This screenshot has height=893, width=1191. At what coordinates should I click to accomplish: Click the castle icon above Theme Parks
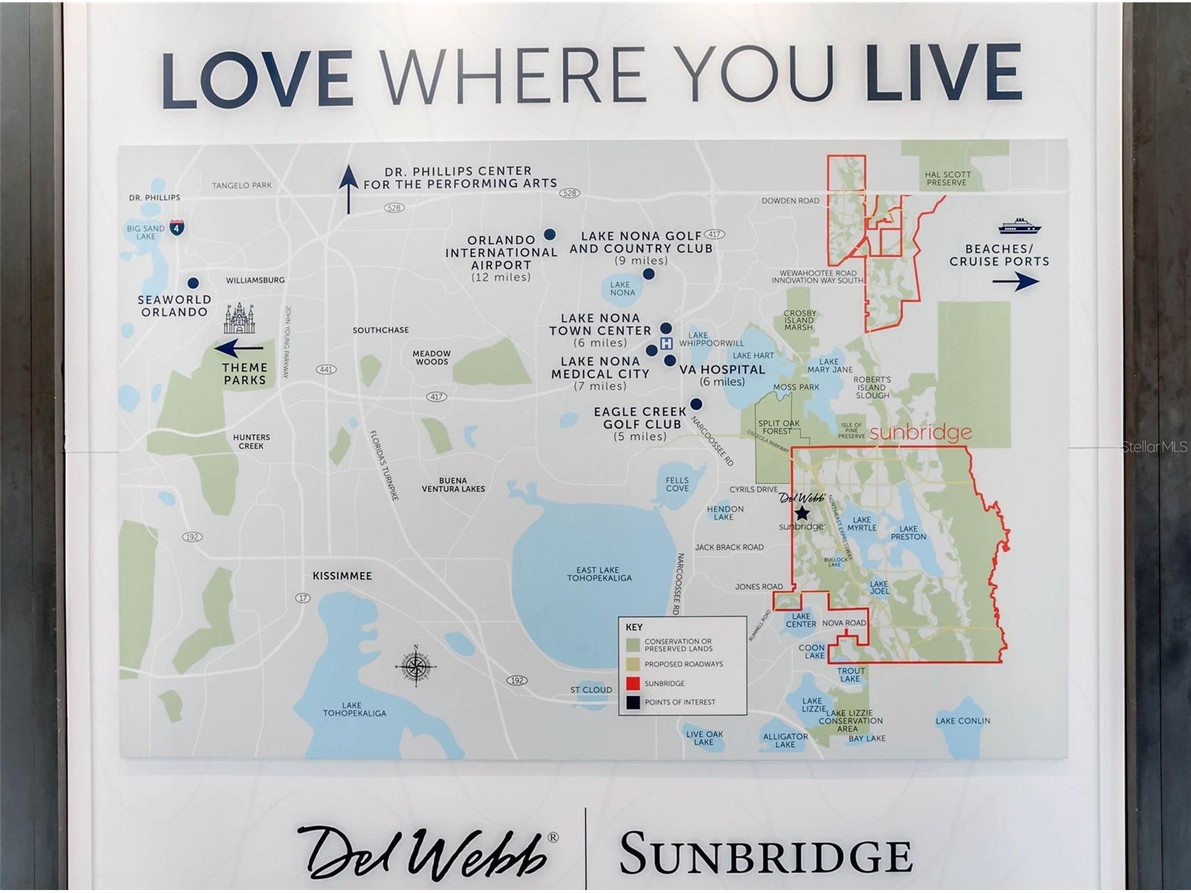coord(239,319)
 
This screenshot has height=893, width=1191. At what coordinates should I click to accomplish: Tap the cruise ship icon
coord(1019,226)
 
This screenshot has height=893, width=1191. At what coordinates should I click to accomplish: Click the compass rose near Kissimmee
coord(415,665)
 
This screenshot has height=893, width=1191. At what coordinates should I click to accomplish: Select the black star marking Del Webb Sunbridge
coord(802,513)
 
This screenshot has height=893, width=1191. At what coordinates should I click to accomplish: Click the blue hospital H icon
coord(666,343)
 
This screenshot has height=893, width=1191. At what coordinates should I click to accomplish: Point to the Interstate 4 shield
coord(177,227)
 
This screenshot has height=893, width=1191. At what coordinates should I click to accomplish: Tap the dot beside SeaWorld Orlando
coord(193,283)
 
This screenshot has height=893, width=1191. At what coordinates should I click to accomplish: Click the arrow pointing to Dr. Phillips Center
coord(348,189)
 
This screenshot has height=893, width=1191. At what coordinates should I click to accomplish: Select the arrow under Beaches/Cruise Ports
coord(1016,281)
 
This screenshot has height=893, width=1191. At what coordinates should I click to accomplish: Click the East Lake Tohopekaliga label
coord(599,574)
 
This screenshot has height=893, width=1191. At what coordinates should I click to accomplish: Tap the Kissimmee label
coord(342,576)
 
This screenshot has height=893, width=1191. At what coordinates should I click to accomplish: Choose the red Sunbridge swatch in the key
coord(633,683)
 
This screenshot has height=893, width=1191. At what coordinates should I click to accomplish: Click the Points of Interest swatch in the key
coord(633,702)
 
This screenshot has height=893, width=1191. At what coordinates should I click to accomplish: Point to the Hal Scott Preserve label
coord(947,178)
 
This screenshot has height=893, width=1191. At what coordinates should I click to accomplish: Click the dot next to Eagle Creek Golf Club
coord(696,404)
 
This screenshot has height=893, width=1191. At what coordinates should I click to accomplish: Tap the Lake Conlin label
coord(962,721)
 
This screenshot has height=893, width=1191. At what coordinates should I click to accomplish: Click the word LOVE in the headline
coord(257,78)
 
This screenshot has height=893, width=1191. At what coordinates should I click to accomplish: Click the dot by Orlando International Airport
coord(549,235)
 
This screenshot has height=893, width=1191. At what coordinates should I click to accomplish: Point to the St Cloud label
coord(591,690)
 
